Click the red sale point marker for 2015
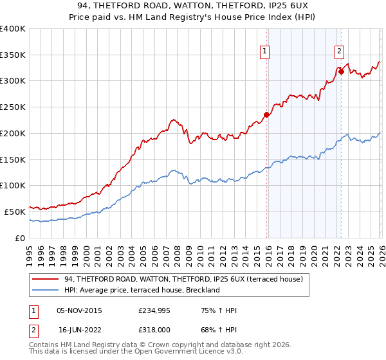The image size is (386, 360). pyautogui.click(x=266, y=116)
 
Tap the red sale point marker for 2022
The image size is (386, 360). pyautogui.click(x=341, y=72)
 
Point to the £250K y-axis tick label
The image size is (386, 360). pyautogui.click(x=13, y=107)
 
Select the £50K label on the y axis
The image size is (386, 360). pyautogui.click(x=15, y=212)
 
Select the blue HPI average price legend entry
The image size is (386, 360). pyautogui.click(x=142, y=290)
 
